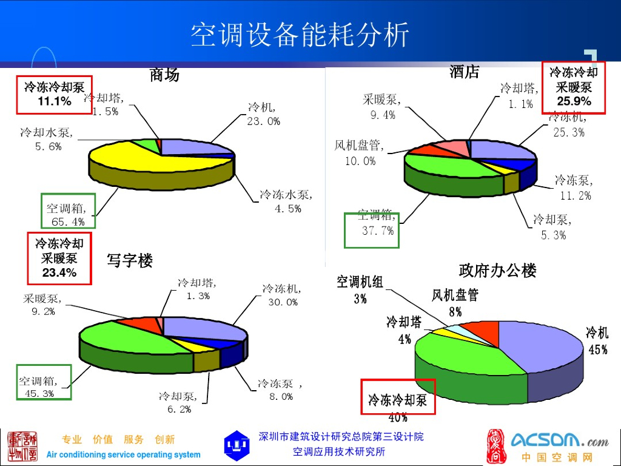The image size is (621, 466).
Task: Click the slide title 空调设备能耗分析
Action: point(300,35)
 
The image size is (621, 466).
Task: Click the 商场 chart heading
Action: point(164,75)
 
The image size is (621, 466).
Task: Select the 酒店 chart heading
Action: point(465,72)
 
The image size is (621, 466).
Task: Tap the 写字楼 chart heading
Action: point(130,262)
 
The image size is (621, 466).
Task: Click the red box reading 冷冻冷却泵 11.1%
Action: point(55,94)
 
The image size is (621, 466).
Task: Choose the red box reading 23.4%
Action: point(59,258)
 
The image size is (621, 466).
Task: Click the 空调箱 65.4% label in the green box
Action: point(67,215)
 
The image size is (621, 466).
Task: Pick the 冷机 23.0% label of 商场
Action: point(263,114)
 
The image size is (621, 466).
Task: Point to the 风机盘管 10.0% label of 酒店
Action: point(360,153)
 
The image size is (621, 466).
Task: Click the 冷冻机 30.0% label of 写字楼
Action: point(282,295)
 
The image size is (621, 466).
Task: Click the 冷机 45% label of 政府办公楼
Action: point(597,340)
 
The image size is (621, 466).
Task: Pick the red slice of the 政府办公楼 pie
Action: point(485,331)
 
